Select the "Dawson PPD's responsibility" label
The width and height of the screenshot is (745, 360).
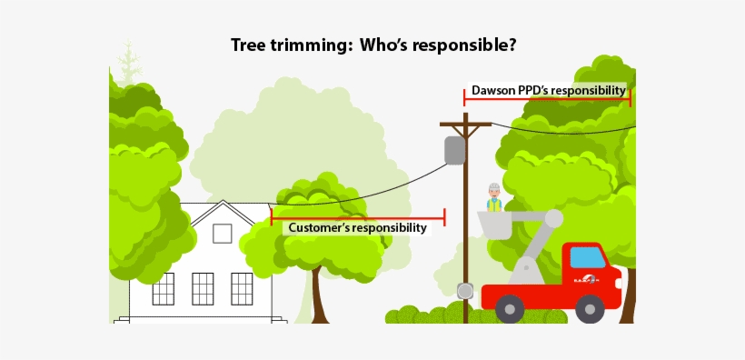[548, 90]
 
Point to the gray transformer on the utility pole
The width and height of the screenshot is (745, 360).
[455, 150]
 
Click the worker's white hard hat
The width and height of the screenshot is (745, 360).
[494, 187]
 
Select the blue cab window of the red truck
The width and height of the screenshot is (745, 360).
[587, 257]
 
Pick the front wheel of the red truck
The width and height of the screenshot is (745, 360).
[590, 309]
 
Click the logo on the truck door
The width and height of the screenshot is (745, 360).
[588, 280]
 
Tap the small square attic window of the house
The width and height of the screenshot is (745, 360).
[222, 234]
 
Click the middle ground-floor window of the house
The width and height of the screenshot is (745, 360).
[203, 288]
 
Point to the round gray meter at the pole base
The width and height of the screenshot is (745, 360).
[465, 291]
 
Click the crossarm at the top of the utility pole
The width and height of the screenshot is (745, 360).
[465, 124]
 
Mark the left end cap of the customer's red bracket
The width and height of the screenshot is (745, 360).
[272, 216]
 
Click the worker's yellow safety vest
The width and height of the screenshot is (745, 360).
[494, 205]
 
